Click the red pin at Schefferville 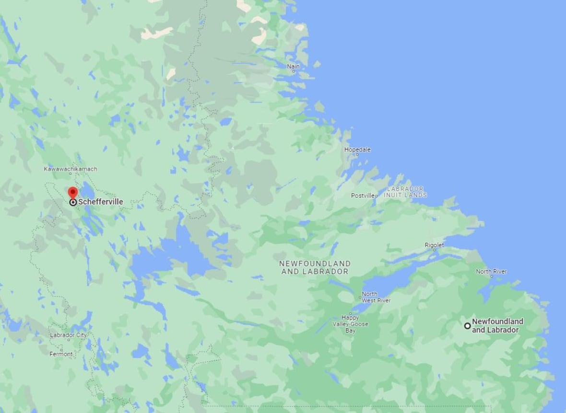[x=72, y=193]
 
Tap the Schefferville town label [x=100, y=202]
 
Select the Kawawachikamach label [x=71, y=169]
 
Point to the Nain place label [x=293, y=66]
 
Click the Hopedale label [x=357, y=149]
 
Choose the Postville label [x=362, y=195]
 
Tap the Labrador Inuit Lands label [x=405, y=192]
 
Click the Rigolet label [x=434, y=245]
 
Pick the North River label [x=491, y=272]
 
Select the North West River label [x=376, y=297]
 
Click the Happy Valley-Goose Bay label [x=351, y=324]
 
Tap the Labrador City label [x=68, y=335]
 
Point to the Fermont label [x=61, y=354]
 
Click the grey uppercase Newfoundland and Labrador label [x=315, y=267]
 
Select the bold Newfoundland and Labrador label [x=497, y=326]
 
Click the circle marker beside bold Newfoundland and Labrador [x=467, y=326]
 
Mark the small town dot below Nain [x=294, y=71]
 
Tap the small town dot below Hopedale [x=357, y=155]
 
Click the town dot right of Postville [x=377, y=196]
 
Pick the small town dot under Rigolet [x=435, y=250]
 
